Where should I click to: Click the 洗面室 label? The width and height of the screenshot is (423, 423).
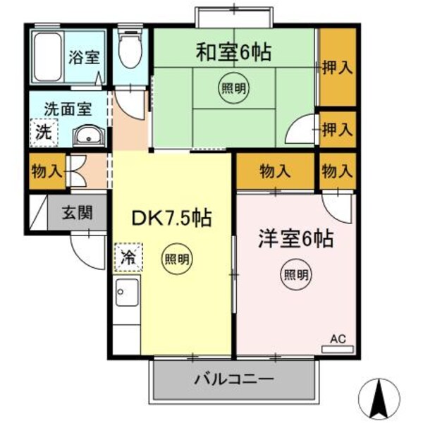pos(67,109)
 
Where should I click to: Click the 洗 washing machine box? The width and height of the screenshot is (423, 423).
pos(43,131)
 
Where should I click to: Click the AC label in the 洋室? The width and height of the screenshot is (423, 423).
pos(338,340)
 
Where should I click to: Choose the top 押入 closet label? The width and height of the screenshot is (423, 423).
pos(336,68)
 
